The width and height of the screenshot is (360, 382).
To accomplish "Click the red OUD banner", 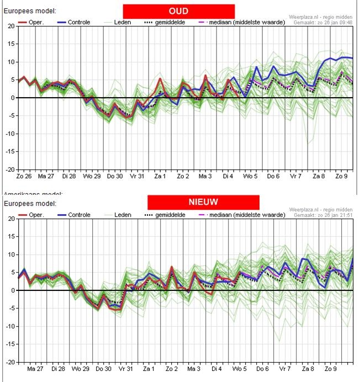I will pyautogui.click(x=178, y=11).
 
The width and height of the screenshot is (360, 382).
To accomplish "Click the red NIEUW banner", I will pyautogui.click(x=203, y=202).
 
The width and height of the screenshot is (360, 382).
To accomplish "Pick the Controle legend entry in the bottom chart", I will pyautogui.click(x=74, y=214).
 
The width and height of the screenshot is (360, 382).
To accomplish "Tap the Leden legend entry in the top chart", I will pyautogui.click(x=123, y=22).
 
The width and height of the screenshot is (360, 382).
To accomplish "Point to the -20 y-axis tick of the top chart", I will pyautogui.click(x=10, y=169).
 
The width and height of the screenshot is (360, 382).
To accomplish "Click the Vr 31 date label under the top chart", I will pyautogui.click(x=136, y=176).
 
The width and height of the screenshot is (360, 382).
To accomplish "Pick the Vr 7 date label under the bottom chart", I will pyautogui.click(x=285, y=369).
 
